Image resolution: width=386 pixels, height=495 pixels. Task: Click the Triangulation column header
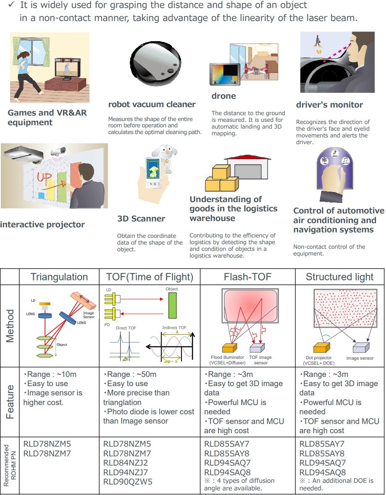(59, 277)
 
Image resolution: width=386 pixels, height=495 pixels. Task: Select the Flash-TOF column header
(247, 277)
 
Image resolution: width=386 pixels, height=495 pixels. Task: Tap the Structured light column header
(339, 277)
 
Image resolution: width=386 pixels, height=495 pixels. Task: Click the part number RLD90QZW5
(128, 482)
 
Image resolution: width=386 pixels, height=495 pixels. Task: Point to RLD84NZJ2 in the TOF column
(126, 463)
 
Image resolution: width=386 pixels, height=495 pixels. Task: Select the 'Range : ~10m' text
(50, 374)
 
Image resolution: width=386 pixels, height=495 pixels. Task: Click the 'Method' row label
(10, 326)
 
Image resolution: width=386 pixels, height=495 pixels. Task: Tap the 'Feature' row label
(10, 402)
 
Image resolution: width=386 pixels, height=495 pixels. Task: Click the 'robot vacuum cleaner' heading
(152, 105)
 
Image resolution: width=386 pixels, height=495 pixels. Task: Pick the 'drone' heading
(223, 96)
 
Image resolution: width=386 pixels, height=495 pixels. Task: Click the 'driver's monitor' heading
(329, 105)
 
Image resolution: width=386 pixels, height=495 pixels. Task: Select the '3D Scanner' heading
(141, 219)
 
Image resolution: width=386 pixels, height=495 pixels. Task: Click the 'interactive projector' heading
(42, 225)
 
